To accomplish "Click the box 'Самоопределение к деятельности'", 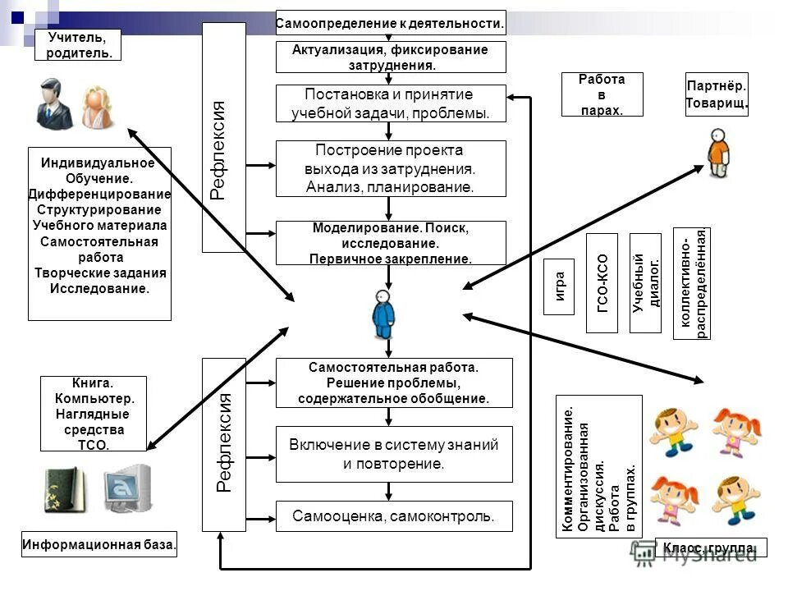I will click(x=390, y=23).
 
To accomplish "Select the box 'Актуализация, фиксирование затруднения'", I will click(x=390, y=57).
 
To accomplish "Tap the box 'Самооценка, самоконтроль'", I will click(x=393, y=516).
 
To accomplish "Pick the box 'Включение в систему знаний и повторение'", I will click(x=393, y=454).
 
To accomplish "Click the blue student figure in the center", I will click(x=383, y=315).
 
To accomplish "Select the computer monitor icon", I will click(x=126, y=489).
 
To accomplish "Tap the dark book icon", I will click(x=64, y=491).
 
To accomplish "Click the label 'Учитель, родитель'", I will click(x=77, y=45).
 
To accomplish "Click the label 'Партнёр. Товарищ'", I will click(x=716, y=94).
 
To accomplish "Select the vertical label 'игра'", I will click(x=560, y=287).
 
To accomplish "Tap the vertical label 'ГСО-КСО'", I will click(x=602, y=282).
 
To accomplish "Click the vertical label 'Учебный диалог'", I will click(x=645, y=282).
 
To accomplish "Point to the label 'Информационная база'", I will click(x=99, y=544).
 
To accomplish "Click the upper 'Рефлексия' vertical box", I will click(x=223, y=137).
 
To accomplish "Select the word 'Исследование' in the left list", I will click(x=100, y=289).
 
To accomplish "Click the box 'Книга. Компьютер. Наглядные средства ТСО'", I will click(x=93, y=414).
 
